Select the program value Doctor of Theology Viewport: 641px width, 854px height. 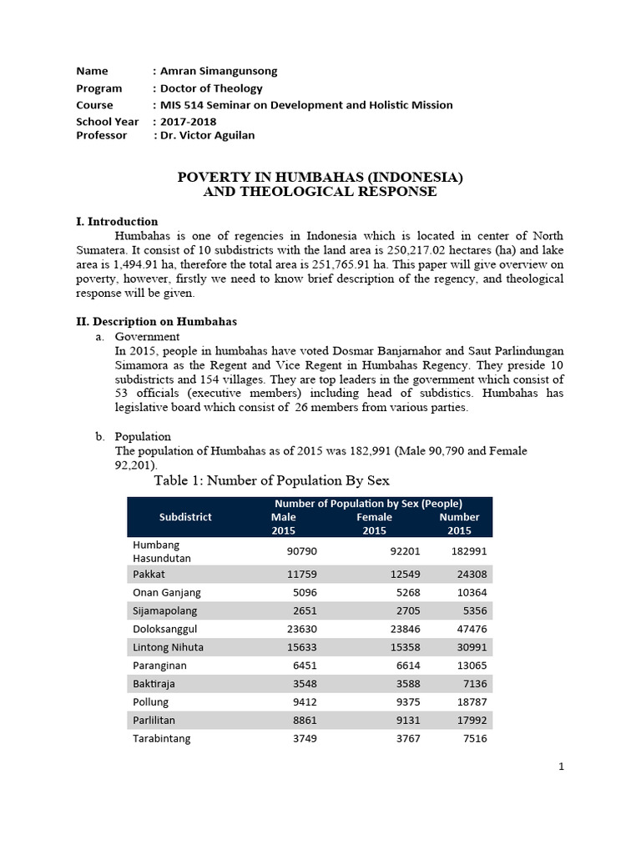point(211,88)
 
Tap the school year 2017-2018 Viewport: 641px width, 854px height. point(188,121)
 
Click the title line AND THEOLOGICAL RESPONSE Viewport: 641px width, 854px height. point(320,192)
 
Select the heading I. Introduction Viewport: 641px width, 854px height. point(117,222)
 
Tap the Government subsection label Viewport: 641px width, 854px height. point(147,337)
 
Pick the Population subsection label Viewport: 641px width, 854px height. point(143,436)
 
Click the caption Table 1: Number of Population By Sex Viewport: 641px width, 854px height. point(272,480)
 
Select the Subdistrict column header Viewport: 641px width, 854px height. point(185,516)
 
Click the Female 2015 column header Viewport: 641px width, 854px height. point(373,523)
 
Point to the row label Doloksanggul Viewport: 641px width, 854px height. point(165,628)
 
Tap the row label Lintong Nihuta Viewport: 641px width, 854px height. point(168,646)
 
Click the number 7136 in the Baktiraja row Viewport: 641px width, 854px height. point(472,683)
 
